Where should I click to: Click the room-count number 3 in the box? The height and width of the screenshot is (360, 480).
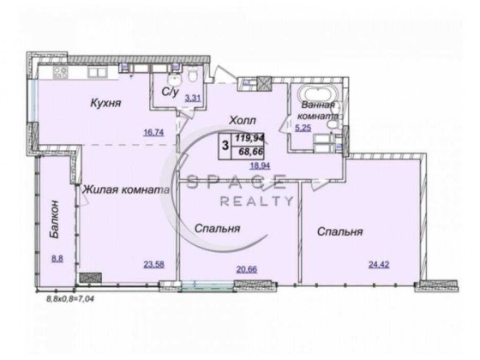pos(225,144)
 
